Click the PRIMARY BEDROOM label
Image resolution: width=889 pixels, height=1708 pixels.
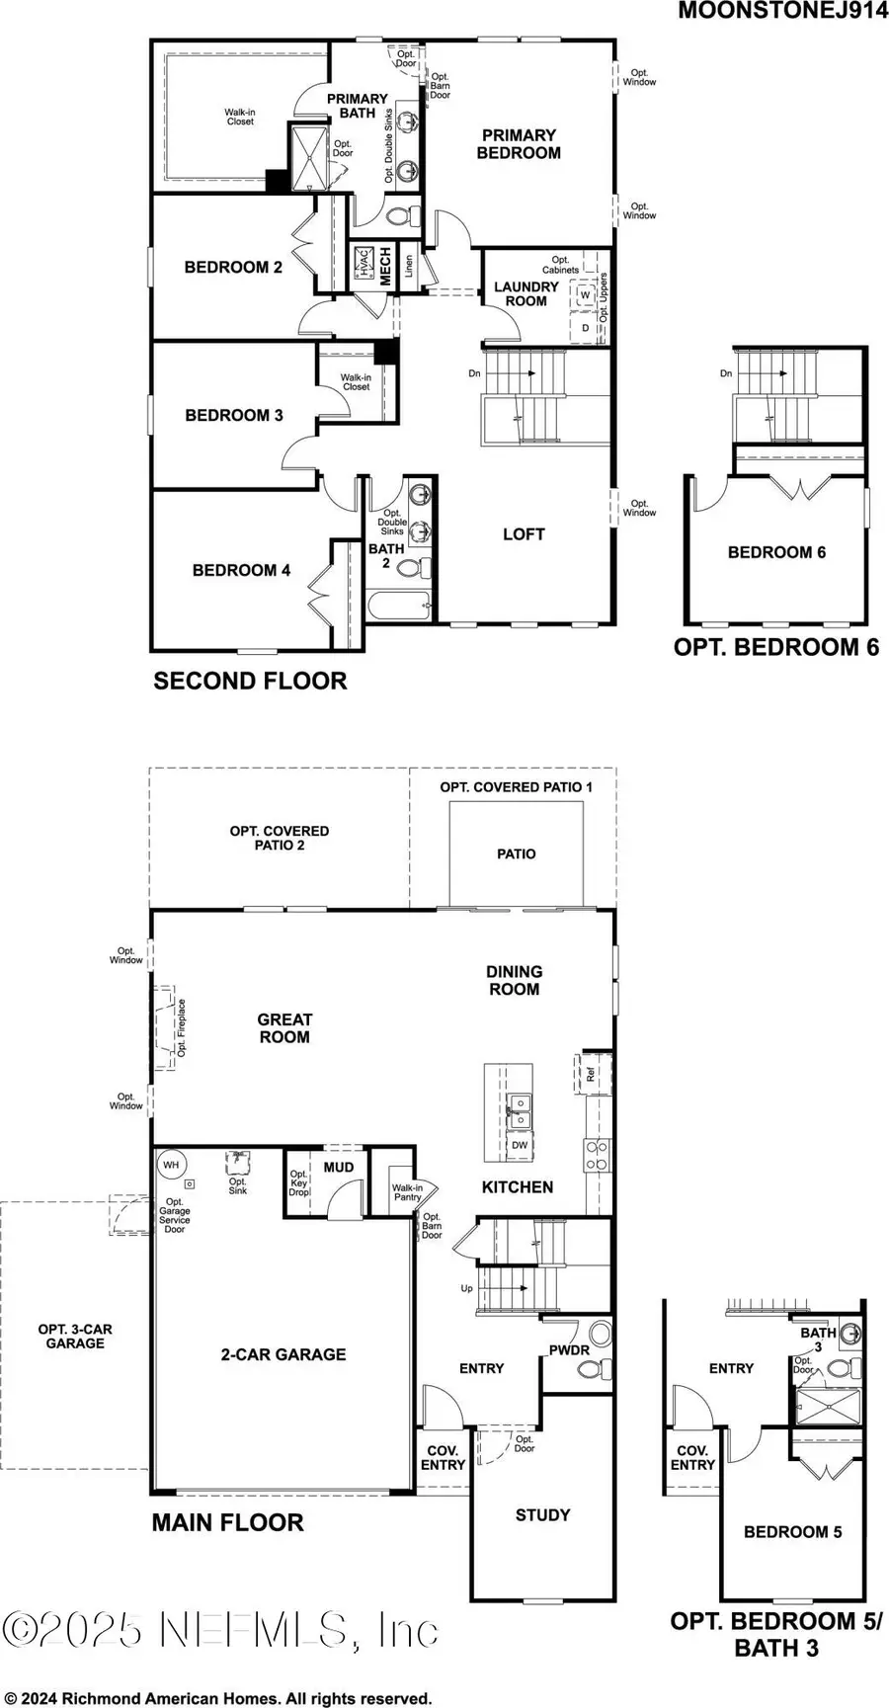pyautogui.click(x=519, y=144)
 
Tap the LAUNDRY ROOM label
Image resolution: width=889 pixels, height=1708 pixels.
pyautogui.click(x=525, y=293)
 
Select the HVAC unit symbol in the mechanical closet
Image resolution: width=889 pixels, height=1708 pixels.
pyautogui.click(x=363, y=265)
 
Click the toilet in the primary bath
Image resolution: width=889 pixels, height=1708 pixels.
pyautogui.click(x=401, y=215)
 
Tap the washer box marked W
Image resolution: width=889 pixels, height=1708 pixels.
pyautogui.click(x=584, y=295)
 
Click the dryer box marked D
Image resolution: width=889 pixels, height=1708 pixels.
pyautogui.click(x=584, y=327)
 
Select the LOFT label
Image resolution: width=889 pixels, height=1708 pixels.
pyautogui.click(x=524, y=534)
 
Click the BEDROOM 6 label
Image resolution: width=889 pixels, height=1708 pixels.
pyautogui.click(x=776, y=552)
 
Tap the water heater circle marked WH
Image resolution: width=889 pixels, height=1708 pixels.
pyautogui.click(x=171, y=1166)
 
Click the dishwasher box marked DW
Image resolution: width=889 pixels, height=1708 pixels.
pyautogui.click(x=520, y=1146)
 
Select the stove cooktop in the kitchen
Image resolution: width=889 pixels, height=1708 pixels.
pyautogui.click(x=597, y=1155)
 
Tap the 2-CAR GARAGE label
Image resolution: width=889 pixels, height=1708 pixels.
pyautogui.click(x=283, y=1354)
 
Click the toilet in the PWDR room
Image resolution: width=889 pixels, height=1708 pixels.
pyautogui.click(x=592, y=1369)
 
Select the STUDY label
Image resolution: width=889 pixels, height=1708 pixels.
pyautogui.click(x=542, y=1514)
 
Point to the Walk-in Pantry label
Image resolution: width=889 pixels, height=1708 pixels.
pyautogui.click(x=407, y=1192)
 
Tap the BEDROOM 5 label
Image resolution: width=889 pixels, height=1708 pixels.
pyautogui.click(x=792, y=1531)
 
